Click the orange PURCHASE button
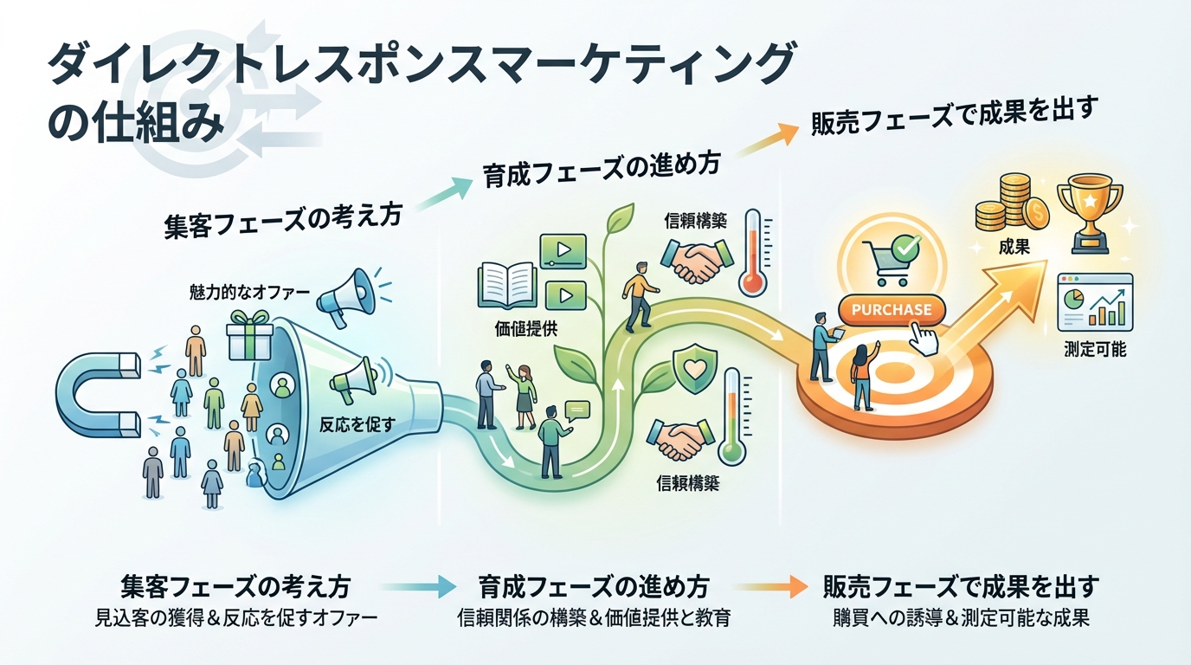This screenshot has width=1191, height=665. coord(892,309)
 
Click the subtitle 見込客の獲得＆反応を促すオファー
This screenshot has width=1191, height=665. coord(235,619)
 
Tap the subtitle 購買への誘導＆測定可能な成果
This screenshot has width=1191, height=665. coord(960,619)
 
